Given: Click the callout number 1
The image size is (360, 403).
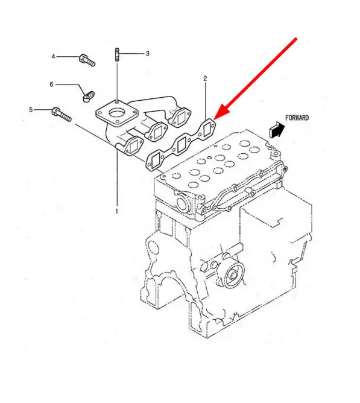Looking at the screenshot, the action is (x=116, y=212).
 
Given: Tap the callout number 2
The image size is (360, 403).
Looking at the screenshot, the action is (x=205, y=78).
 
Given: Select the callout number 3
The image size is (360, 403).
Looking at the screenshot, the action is (x=148, y=54).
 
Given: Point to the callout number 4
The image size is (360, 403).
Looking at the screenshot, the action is (x=53, y=56).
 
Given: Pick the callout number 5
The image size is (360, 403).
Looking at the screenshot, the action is (x=31, y=110).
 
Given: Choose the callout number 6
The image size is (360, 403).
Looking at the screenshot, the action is (x=51, y=84).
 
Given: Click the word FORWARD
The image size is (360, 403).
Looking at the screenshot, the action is (x=297, y=118).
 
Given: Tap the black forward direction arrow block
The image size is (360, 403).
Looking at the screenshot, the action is (x=277, y=129).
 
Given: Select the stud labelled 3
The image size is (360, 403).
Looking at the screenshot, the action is (x=117, y=54).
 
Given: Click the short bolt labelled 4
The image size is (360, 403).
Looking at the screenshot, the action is (x=87, y=60).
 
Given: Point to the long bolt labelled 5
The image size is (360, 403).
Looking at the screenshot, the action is (x=62, y=115).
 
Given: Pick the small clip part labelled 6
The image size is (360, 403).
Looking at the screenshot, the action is (x=89, y=96).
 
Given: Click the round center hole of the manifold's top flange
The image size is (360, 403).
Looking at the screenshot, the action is (x=117, y=113).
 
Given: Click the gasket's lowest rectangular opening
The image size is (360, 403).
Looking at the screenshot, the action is (x=156, y=162).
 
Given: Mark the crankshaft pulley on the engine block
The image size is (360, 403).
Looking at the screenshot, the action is (x=230, y=274).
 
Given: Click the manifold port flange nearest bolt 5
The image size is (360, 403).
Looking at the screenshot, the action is (x=133, y=147).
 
